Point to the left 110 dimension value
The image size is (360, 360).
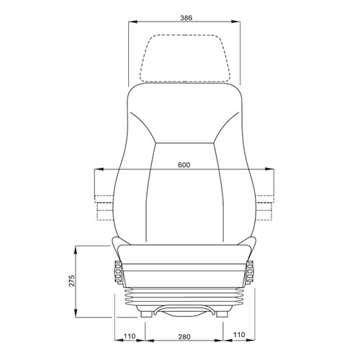(x=130, y=336)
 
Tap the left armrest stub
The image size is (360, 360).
(x=102, y=204)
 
